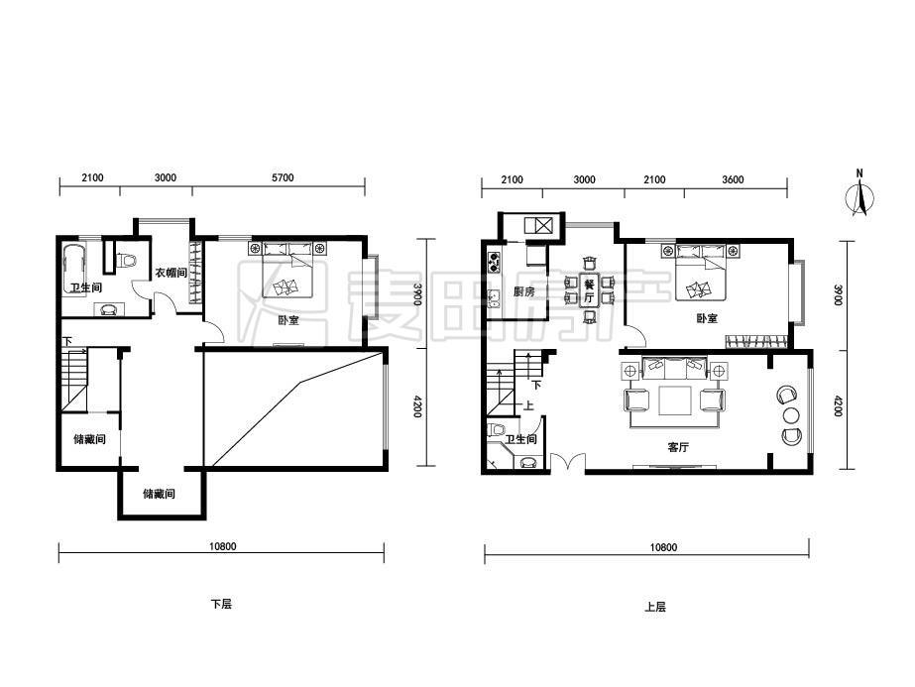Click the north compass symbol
point(859,193)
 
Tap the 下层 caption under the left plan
point(221,604)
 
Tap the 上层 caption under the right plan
point(655,607)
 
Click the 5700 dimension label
point(283,178)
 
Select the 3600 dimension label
point(733,179)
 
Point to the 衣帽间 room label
point(171,273)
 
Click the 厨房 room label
point(524,291)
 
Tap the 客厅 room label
point(678,447)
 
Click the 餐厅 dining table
point(589,290)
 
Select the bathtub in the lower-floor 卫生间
point(74,271)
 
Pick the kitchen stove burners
point(495,262)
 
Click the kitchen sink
point(495,298)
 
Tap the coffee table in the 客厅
point(675,401)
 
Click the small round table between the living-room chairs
point(791,415)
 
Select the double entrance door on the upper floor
point(568,462)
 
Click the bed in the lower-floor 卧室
point(288,271)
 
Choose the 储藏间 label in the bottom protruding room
point(160,494)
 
